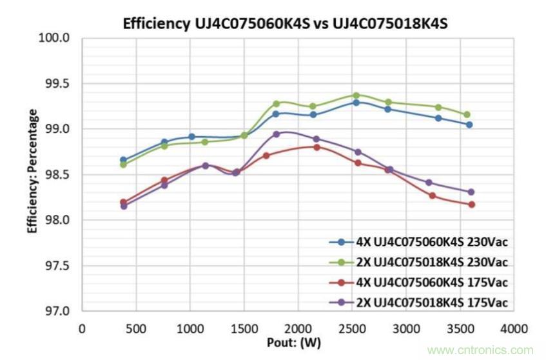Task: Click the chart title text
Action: pos(285,24)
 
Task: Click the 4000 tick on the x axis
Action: pos(514,327)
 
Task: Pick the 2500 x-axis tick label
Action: pos(351,327)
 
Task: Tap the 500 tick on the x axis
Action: pos(135,327)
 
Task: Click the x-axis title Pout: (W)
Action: pos(294,341)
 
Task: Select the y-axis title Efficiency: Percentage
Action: pos(32,171)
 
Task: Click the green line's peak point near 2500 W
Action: pos(356,95)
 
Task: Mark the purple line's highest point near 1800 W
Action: pos(277,134)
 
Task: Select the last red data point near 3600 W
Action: pos(471,205)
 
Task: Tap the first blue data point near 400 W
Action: pos(123,160)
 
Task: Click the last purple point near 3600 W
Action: pos(471,192)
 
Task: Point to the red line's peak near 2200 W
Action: pos(317,147)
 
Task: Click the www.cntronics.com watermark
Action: pos(480,350)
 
